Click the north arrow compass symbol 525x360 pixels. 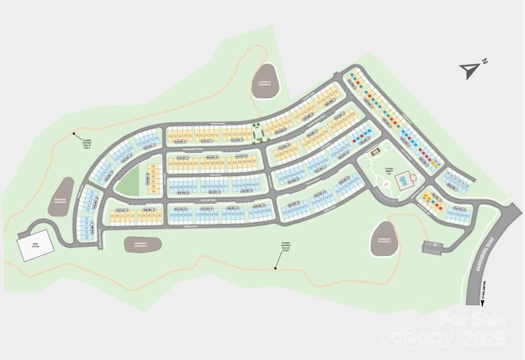point(468,70)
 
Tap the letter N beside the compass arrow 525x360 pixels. point(485,61)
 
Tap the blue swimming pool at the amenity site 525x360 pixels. point(402,181)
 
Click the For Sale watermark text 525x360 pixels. point(473,320)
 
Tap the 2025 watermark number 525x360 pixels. point(484,338)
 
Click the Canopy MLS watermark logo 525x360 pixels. point(417,338)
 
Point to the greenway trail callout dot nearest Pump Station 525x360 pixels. point(74,134)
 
